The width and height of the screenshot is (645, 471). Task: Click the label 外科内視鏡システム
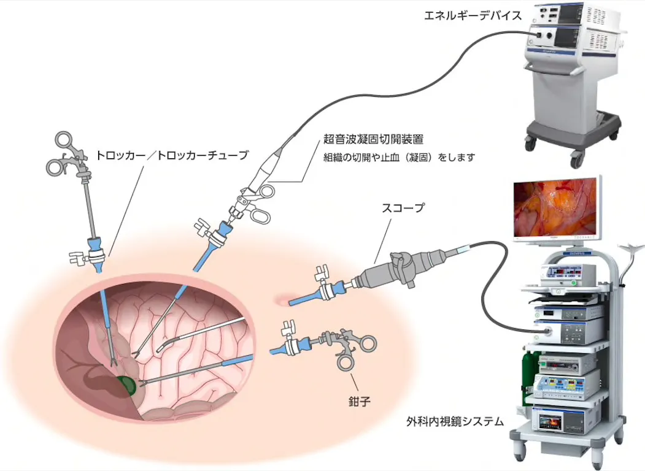455,421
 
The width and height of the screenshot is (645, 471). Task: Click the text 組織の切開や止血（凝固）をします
400,158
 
